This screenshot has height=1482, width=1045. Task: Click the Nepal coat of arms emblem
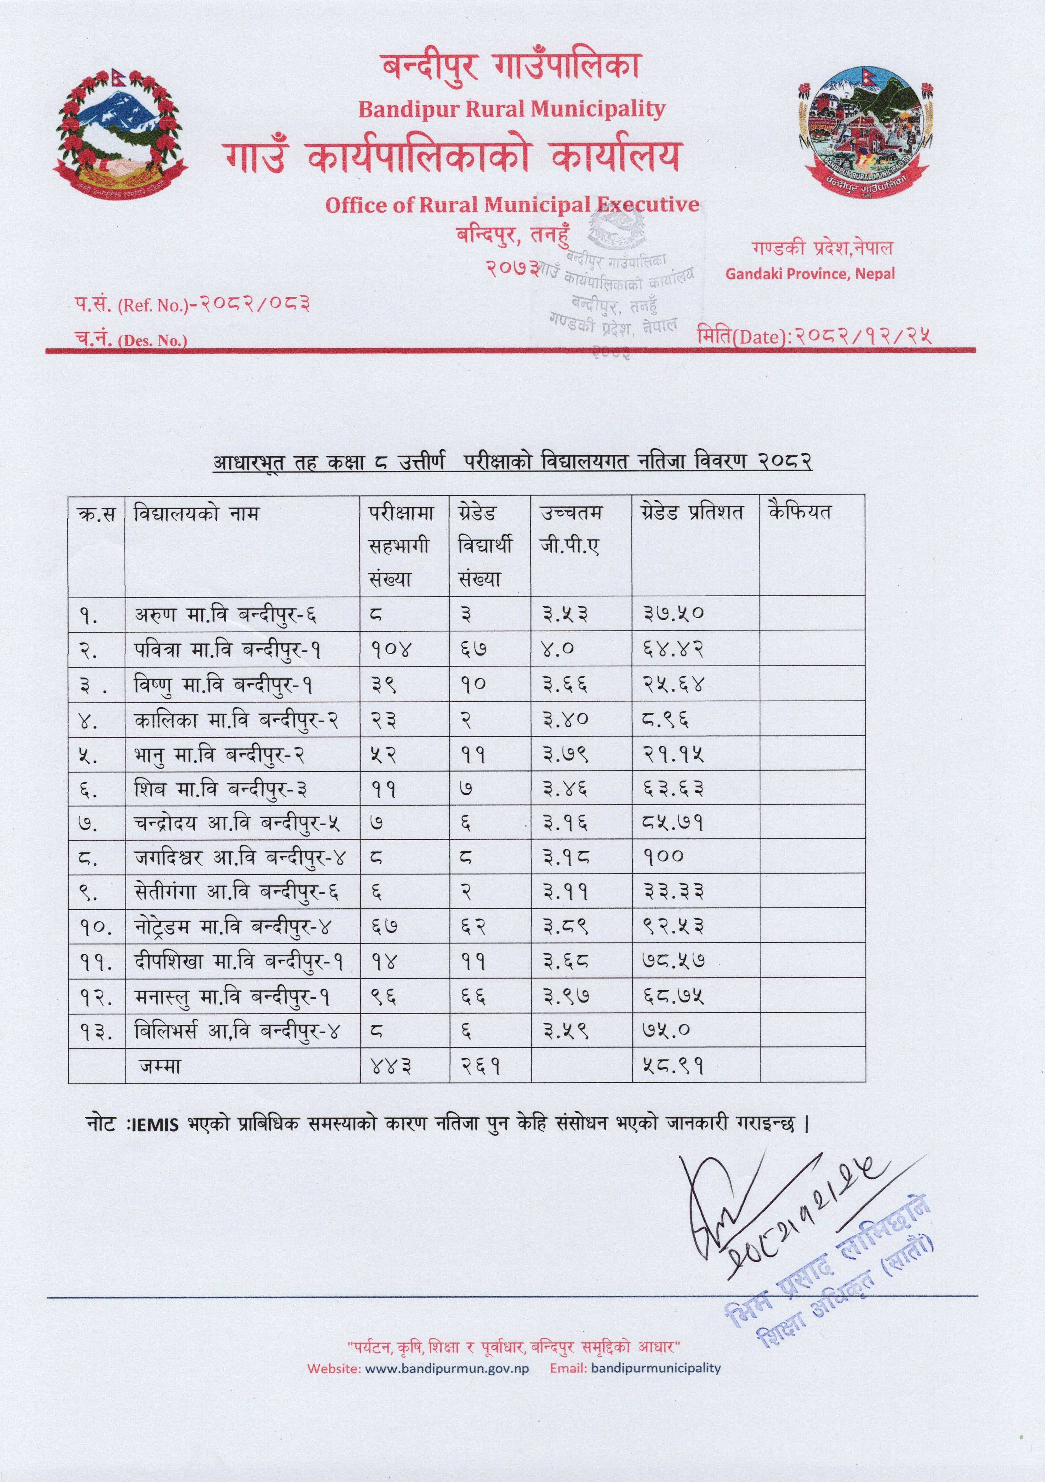tap(119, 132)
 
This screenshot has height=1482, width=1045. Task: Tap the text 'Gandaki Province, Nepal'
tap(810, 274)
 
